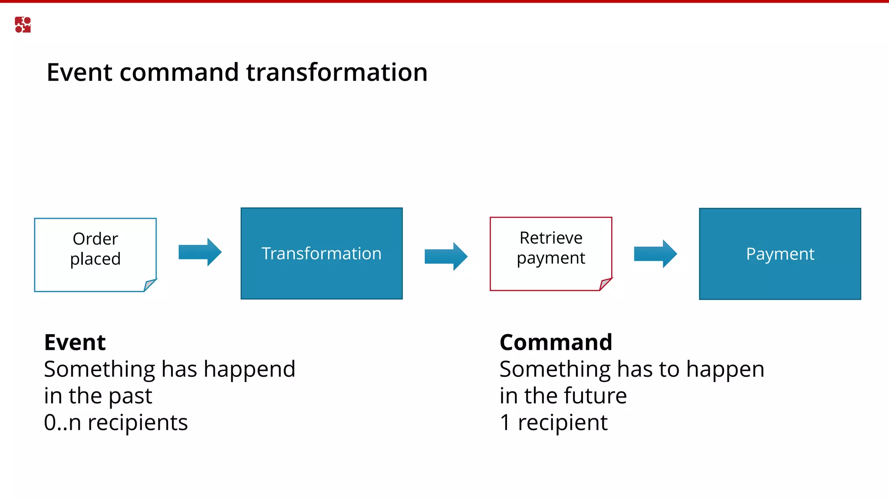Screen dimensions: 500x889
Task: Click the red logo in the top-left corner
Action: coord(23,25)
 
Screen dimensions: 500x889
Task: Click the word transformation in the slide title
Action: coord(337,72)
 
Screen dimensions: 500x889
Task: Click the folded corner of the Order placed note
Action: coord(149,285)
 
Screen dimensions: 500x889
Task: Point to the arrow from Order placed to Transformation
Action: coord(200,252)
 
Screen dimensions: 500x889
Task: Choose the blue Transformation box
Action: coord(322,253)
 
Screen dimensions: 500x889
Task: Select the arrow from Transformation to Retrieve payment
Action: coord(446,256)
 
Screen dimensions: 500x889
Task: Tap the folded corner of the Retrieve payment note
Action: coord(605,284)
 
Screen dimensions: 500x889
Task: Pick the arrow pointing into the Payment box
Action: coord(655,253)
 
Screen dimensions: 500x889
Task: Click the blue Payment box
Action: coord(780,254)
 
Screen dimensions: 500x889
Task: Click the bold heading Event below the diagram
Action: coord(75,342)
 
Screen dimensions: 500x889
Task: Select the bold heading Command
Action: coord(556,342)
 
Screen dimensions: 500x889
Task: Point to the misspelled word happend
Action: coord(249,370)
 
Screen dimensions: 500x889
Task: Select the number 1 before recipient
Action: coord(505,422)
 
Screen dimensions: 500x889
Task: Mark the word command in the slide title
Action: coord(179,72)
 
